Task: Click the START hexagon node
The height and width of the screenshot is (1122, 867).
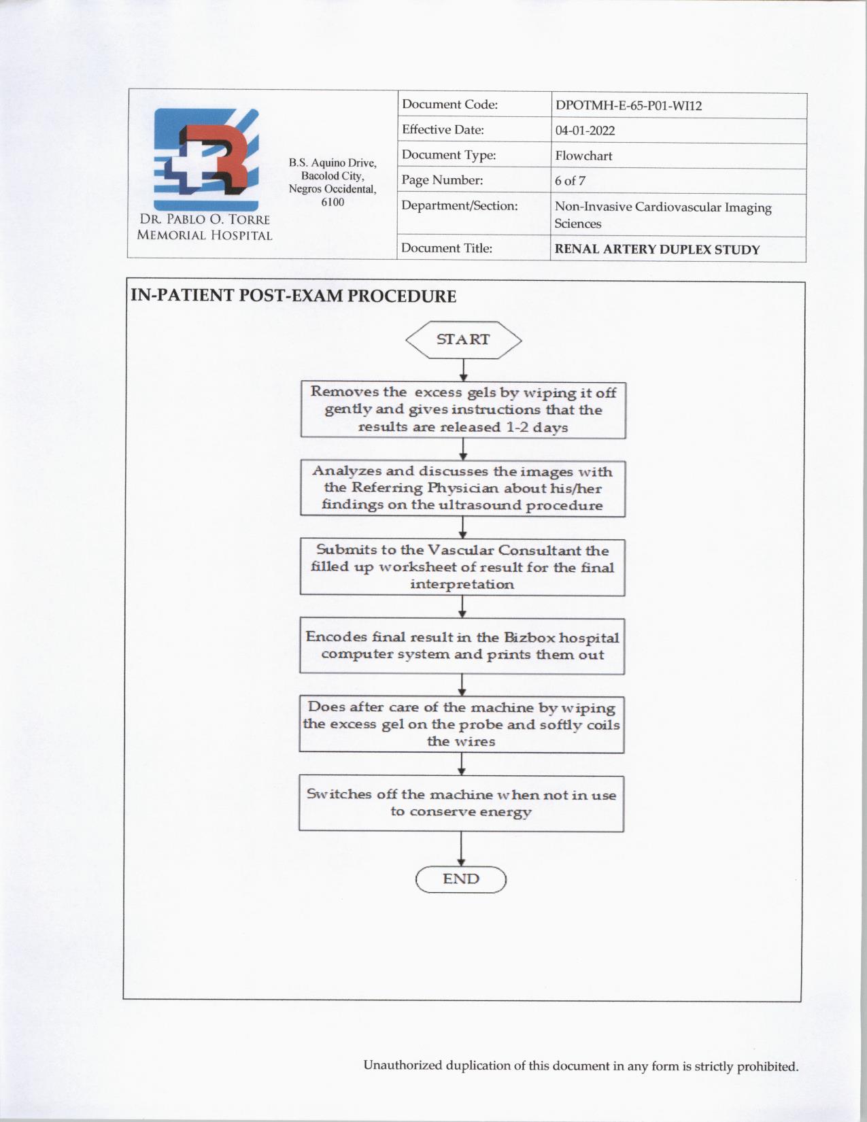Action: [463, 339]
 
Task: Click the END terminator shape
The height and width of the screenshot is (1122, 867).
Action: [461, 879]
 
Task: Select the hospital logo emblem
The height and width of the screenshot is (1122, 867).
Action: [206, 160]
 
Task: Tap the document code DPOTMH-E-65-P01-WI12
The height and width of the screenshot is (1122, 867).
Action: [628, 105]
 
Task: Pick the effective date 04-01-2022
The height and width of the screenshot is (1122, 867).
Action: [585, 131]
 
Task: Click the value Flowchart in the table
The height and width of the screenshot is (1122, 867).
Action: [583, 156]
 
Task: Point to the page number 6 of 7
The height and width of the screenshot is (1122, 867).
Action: [570, 181]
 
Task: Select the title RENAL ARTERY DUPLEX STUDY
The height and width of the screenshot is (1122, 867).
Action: [657, 250]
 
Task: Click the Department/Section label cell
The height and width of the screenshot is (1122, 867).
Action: [460, 206]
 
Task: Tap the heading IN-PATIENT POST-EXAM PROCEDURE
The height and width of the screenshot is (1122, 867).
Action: [293, 296]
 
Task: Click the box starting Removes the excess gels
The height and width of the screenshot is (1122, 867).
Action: [463, 410]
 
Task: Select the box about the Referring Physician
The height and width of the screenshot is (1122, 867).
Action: [462, 488]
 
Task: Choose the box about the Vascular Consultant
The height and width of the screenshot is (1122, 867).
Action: [462, 567]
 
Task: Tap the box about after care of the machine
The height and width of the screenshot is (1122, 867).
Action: [462, 724]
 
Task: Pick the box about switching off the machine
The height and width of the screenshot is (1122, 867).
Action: [461, 803]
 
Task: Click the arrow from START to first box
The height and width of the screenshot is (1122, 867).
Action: [463, 370]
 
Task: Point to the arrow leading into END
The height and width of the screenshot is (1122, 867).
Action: [461, 849]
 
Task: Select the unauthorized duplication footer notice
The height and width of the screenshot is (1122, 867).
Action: [581, 1066]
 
